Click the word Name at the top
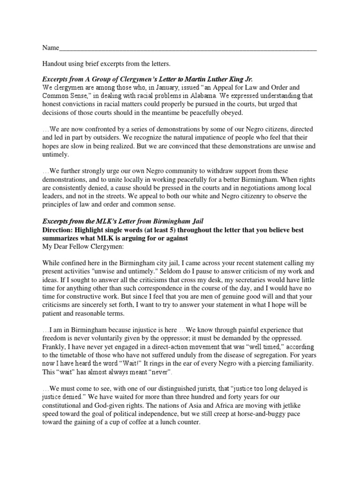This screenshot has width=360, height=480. [x=51, y=48]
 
